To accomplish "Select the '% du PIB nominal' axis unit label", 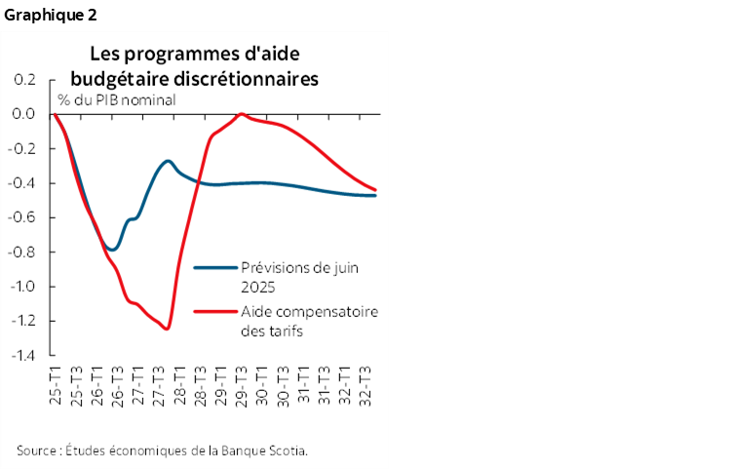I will [x=116, y=98].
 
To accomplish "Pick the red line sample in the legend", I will [x=214, y=312].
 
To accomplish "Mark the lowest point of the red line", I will [x=167, y=329].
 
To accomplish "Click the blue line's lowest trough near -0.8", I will [x=112, y=250].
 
